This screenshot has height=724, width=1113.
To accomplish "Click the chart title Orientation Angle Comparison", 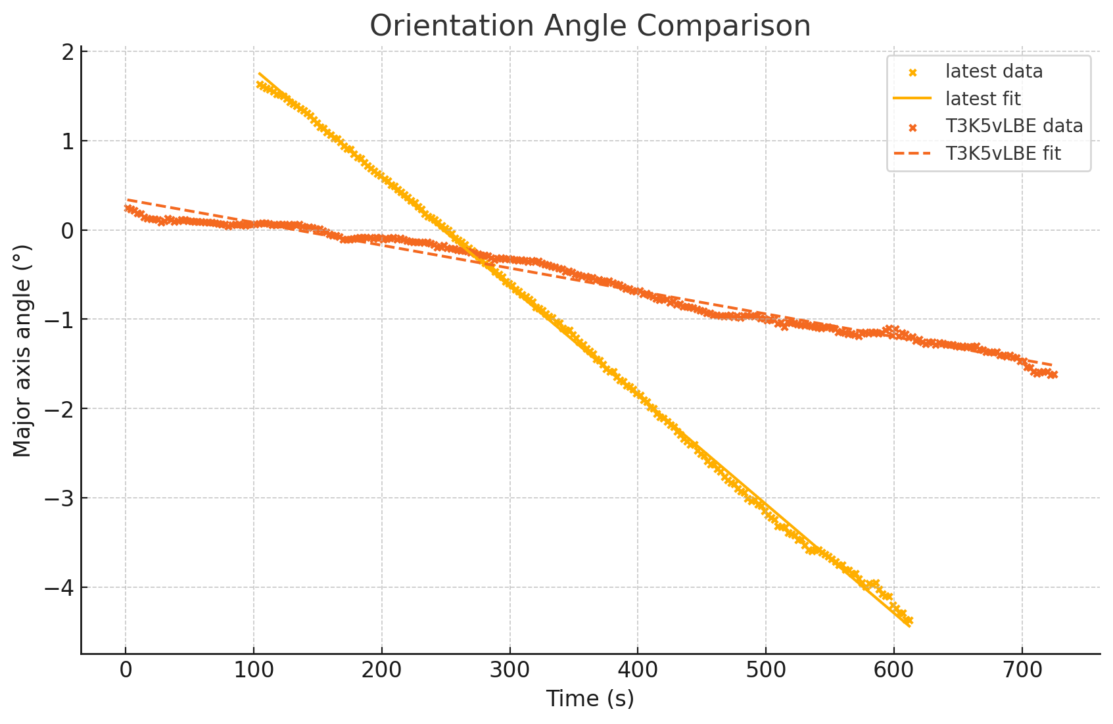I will coord(590,26).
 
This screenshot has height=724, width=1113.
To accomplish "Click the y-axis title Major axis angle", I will coord(22,350).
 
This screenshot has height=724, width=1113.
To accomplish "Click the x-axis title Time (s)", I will coord(590,698).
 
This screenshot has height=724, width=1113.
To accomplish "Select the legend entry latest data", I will coord(994,71).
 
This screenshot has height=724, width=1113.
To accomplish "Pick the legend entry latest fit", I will coord(983,99).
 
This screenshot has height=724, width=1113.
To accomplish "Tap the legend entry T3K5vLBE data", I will coord(1014,126).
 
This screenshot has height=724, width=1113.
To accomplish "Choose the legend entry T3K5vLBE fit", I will coord(1003,154).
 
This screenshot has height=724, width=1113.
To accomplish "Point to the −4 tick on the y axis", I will coord(59,588).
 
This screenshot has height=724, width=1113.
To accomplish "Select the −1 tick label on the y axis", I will coord(59,320).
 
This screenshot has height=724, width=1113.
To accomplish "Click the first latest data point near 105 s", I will coord(260,85).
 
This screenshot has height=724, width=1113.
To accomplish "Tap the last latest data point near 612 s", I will coord(909,620).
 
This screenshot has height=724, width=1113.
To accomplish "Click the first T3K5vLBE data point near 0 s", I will coord(128,208).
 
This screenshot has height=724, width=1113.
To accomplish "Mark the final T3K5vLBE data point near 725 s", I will coord(1054,375).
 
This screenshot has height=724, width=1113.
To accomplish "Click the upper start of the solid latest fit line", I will coord(260,74).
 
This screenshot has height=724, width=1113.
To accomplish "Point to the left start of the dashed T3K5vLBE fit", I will coord(128,200).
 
